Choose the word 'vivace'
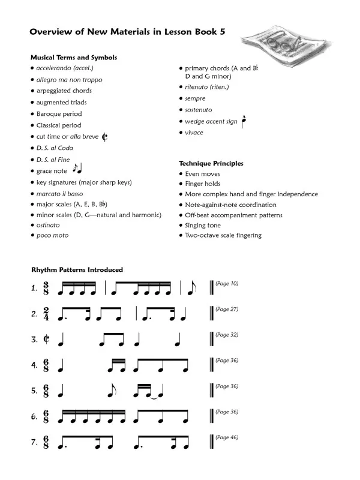pyautogui.click(x=194, y=133)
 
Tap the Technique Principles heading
pyautogui.click(x=211, y=163)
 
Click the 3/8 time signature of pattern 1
pyautogui.click(x=46, y=288)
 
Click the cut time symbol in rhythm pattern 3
pyautogui.click(x=46, y=340)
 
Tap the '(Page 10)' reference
pyautogui.click(x=226, y=283)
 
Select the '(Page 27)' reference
pyautogui.click(x=226, y=309)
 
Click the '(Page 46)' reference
pyautogui.click(x=226, y=437)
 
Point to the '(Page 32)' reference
pyautogui.click(x=226, y=335)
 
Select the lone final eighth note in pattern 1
pyautogui.click(x=191, y=289)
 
